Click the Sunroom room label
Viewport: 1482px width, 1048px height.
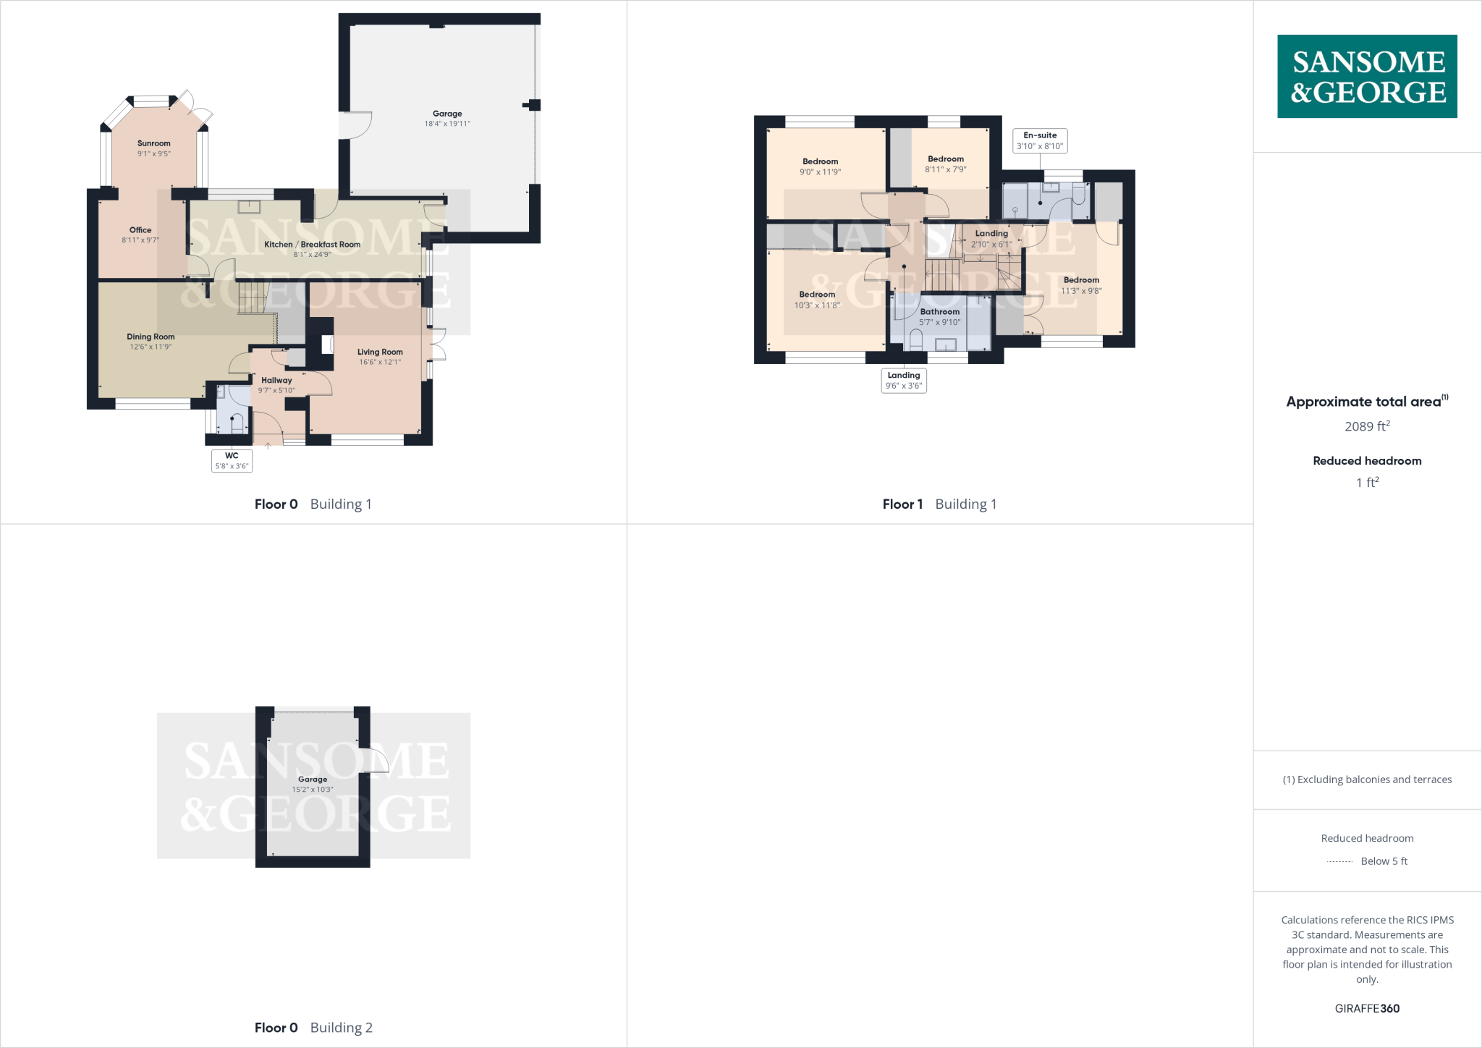[x=154, y=143]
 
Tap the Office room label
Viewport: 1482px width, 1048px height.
[x=140, y=230]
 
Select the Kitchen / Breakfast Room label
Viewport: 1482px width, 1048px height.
[x=312, y=245]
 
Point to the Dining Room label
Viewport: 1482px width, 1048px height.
[x=151, y=337]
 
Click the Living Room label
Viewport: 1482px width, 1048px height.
[x=380, y=352]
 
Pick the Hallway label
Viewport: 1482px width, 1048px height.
[x=276, y=380]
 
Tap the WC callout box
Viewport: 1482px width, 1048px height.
[x=232, y=461]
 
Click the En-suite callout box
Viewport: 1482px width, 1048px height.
[x=1040, y=140]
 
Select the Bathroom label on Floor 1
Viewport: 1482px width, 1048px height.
[x=939, y=312]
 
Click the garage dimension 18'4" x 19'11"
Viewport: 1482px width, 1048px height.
[x=447, y=124]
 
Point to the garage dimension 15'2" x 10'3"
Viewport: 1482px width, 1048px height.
[x=313, y=790]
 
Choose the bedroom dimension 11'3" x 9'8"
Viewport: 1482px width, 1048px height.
[x=1081, y=291]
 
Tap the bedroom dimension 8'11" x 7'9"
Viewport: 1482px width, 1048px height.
[x=945, y=169]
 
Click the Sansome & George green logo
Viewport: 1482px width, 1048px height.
[x=1367, y=76]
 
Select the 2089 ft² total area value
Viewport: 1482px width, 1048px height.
[x=1367, y=426]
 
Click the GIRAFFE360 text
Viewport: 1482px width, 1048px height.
[x=1367, y=1008]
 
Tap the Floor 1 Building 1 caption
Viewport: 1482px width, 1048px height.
[x=939, y=504]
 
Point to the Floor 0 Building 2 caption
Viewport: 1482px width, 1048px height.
[x=313, y=1028]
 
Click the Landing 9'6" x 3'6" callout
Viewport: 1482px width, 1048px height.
[x=904, y=380]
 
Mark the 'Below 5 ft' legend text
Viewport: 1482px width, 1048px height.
[x=1384, y=861]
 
